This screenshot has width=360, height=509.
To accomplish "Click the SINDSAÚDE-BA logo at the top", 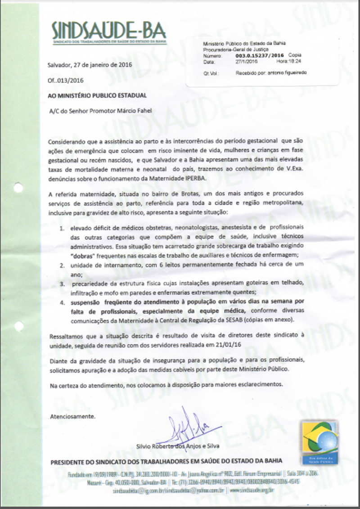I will pyautogui.click(x=108, y=32).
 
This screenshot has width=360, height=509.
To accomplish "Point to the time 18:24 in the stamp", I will pyautogui.click(x=295, y=62).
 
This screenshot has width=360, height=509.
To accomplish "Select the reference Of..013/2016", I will pyautogui.click(x=65, y=81).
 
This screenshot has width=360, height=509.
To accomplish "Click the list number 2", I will pyautogui.click(x=63, y=266).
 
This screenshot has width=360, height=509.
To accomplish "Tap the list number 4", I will pyautogui.click(x=63, y=302).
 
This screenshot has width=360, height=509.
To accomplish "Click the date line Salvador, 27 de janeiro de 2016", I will pyautogui.click(x=90, y=64).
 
